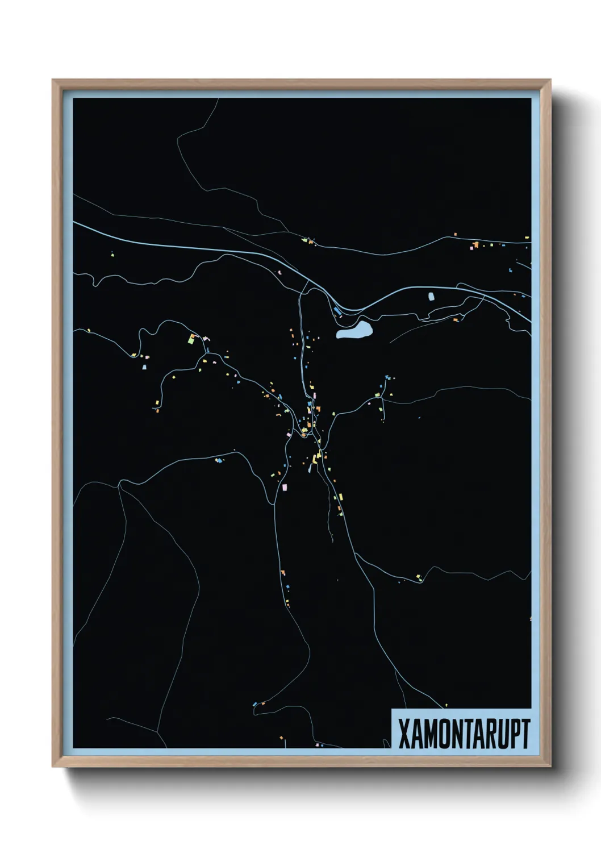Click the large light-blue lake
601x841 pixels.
(355, 330)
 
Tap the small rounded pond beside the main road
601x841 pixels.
(430, 296)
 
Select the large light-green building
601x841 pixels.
(192, 339)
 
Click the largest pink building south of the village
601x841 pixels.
(285, 487)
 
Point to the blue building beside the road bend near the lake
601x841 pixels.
(337, 311)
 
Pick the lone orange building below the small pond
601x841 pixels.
(455, 320)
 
